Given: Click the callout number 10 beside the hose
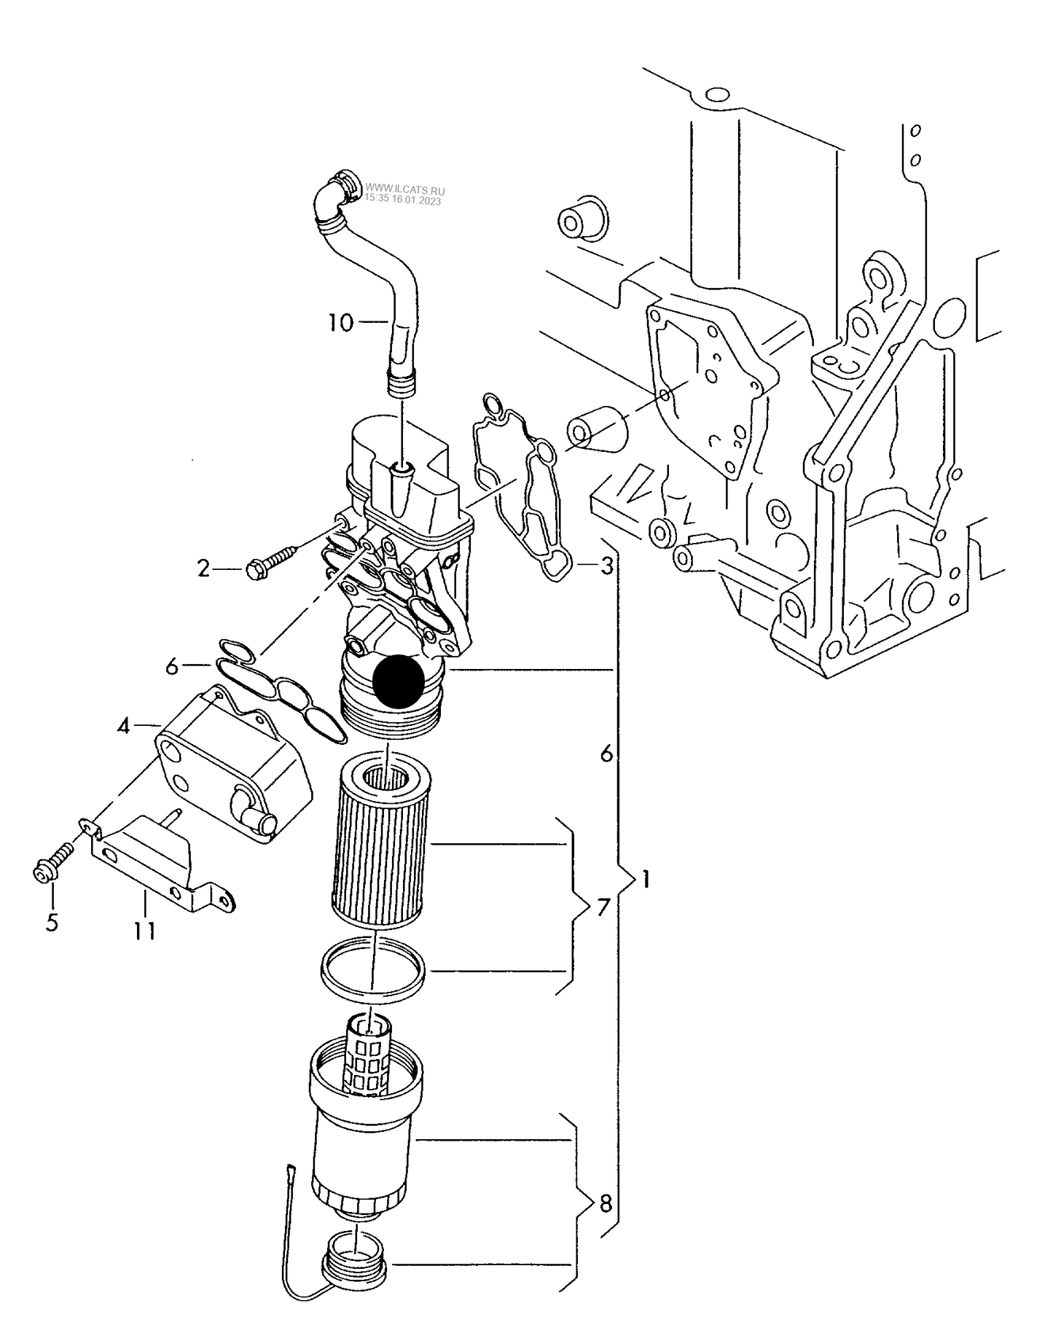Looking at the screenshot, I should click(340, 322).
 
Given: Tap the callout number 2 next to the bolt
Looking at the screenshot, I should click(204, 568).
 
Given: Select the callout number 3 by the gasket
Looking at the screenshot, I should click(606, 566).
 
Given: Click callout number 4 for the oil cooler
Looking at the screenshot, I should click(124, 726).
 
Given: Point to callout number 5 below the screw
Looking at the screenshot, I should click(52, 922).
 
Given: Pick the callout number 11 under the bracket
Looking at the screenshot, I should click(145, 931).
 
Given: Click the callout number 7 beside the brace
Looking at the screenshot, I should click(603, 908).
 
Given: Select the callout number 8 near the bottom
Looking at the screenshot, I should click(605, 1204).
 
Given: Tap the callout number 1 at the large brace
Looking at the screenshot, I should click(645, 879).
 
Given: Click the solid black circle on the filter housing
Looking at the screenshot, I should click(398, 681).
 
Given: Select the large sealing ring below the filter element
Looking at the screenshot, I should click(373, 972).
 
